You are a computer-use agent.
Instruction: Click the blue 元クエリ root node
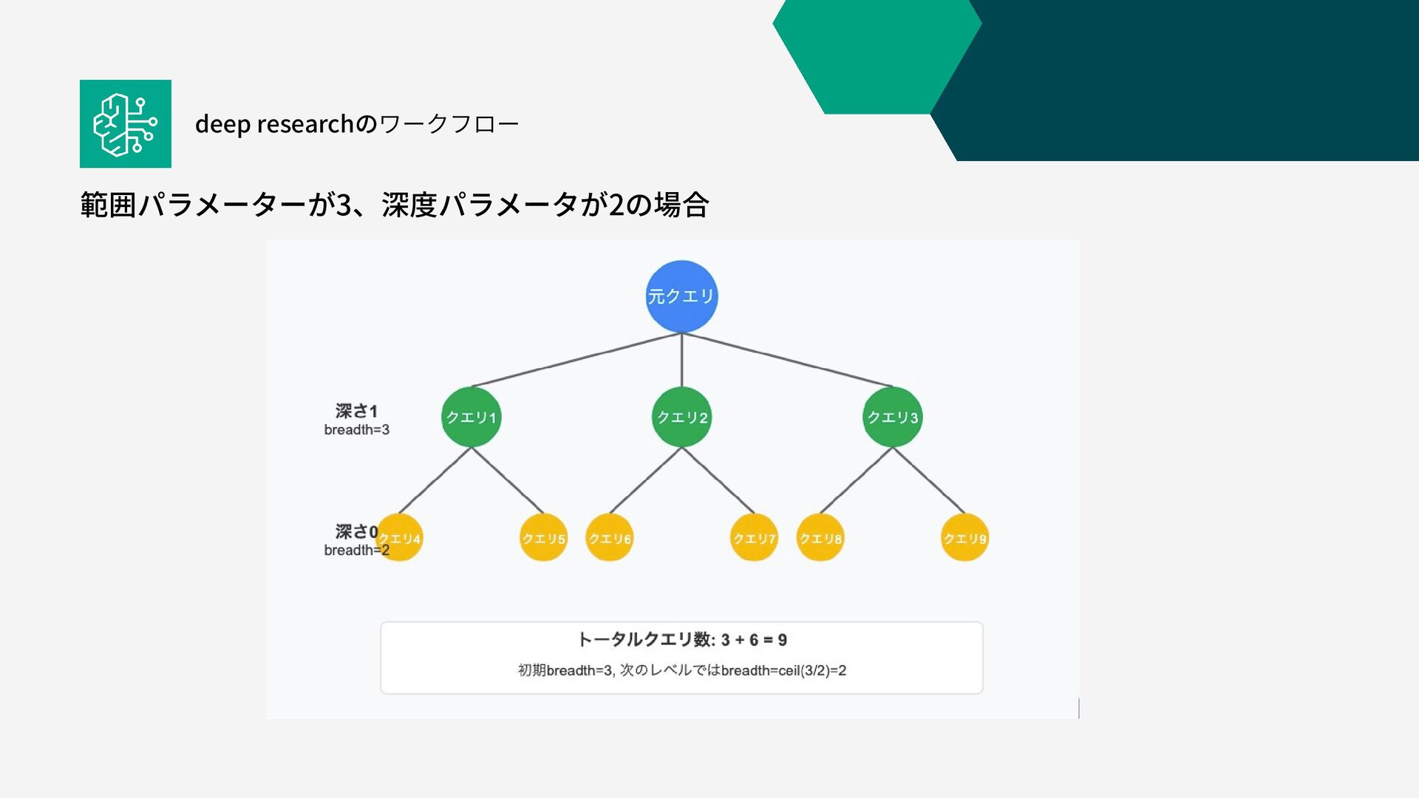coord(681,296)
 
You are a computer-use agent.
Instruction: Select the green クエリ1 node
coord(472,417)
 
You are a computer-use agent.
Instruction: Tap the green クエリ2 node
coord(681,417)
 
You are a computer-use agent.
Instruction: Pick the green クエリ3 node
coord(892,417)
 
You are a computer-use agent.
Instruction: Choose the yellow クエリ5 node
coord(543,538)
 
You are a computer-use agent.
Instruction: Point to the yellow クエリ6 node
coord(610,538)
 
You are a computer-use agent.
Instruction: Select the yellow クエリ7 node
coord(754,538)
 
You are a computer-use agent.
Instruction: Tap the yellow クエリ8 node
coord(820,538)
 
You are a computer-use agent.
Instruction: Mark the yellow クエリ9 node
coord(964,538)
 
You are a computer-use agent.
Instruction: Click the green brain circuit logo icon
coord(126,124)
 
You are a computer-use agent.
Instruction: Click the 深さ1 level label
coord(356,411)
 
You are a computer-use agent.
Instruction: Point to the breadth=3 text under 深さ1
coord(356,430)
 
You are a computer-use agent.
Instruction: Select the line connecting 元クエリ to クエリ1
coord(576,360)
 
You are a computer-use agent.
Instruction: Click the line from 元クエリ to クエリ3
coord(787,360)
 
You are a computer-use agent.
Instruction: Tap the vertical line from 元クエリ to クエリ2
coord(681,360)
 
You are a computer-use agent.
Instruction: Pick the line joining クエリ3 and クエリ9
coord(928,480)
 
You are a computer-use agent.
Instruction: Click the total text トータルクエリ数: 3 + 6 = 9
coord(681,640)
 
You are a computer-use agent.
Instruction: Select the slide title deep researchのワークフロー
coord(357,124)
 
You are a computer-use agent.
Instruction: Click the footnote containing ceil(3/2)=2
coord(681,671)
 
